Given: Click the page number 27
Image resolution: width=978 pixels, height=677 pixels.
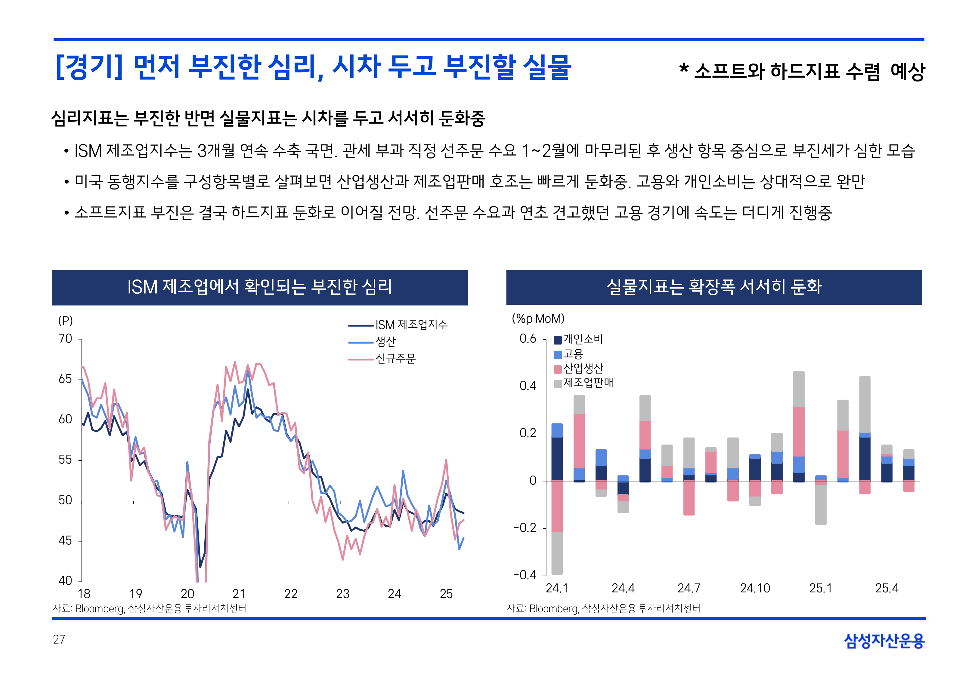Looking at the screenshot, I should pos(59,639).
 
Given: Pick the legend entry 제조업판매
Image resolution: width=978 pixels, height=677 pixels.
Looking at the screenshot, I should pos(588,383).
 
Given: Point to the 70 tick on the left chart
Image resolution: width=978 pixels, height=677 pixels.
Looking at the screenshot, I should pos(65,339).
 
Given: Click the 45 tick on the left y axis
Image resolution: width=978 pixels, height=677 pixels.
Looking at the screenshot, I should pos(65,541).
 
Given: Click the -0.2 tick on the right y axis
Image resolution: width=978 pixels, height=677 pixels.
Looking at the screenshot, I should pos(525,528).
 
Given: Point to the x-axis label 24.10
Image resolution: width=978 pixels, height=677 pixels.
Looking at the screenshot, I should pos(755,588).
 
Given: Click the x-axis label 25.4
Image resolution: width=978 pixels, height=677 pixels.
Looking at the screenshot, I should pos(887,588).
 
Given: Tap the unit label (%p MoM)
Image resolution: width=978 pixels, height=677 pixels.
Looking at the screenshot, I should pos(538,319).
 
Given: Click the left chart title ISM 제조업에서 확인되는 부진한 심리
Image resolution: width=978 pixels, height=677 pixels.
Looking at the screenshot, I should pos(260,287).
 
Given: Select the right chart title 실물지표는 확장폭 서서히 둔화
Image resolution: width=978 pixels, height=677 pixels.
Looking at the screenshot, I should pos(714,287).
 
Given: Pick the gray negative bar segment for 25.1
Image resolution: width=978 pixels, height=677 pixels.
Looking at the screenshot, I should pos(821,505).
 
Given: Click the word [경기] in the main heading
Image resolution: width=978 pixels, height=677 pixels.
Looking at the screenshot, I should pos(89,67).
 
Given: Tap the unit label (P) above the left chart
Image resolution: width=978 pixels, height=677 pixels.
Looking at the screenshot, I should pos(65,321).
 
